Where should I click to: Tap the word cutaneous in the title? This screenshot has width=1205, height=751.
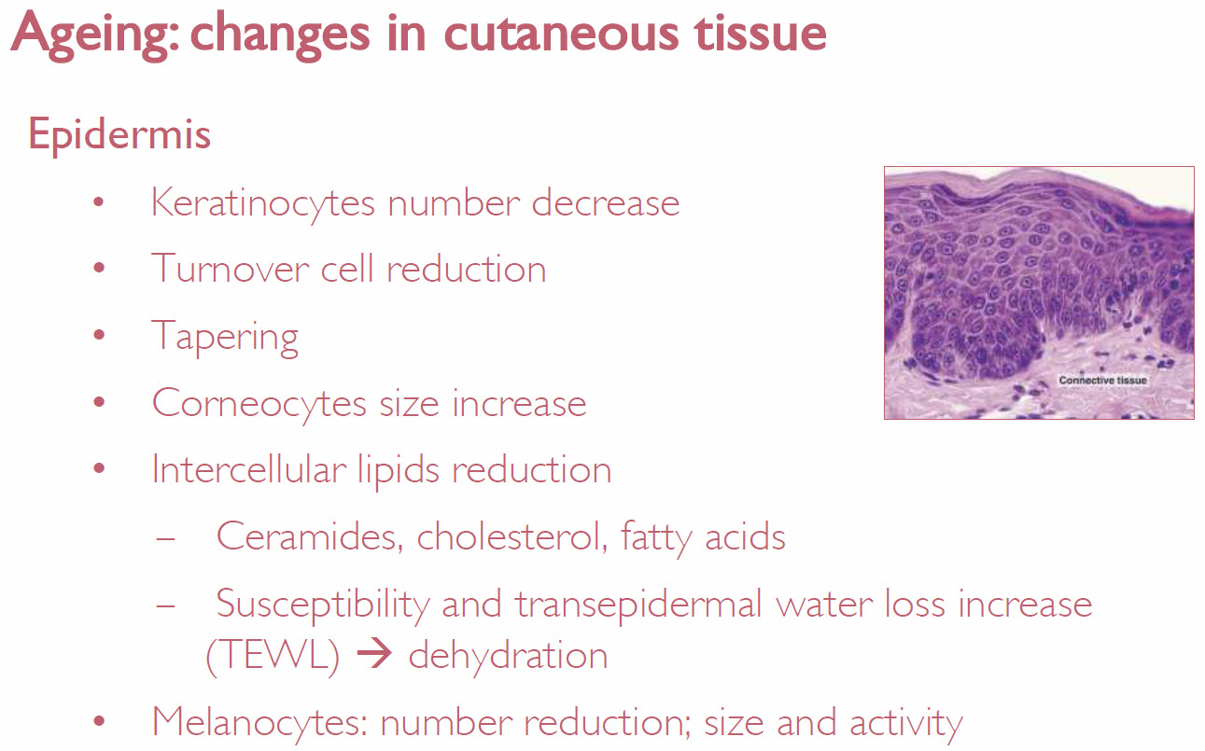pos(562,34)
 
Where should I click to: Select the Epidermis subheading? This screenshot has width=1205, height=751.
pos(119,134)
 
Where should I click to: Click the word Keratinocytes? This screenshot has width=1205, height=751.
pos(263,203)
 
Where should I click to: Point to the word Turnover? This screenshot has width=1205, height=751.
pos(231,269)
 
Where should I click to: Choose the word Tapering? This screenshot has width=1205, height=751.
pos(225,337)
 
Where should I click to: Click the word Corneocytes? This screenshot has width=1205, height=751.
pos(259,404)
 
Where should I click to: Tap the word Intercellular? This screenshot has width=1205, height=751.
pos(249,468)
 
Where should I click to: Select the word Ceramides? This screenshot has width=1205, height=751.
pos(310,536)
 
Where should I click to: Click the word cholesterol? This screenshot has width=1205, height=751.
pos(512,536)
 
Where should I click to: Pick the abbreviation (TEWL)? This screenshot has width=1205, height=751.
pos(273,657)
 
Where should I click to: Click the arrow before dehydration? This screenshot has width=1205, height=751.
pos(374,655)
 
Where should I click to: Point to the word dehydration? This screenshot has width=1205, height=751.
pos(509,656)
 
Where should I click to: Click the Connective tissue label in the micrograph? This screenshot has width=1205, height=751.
pos(1102,381)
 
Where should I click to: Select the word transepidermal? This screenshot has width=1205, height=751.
pos(639,605)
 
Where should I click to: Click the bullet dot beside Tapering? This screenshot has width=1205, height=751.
pos(99,335)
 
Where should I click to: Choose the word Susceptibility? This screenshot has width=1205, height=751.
pos(323,605)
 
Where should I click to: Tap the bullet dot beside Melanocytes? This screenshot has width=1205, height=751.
pos(99,721)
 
